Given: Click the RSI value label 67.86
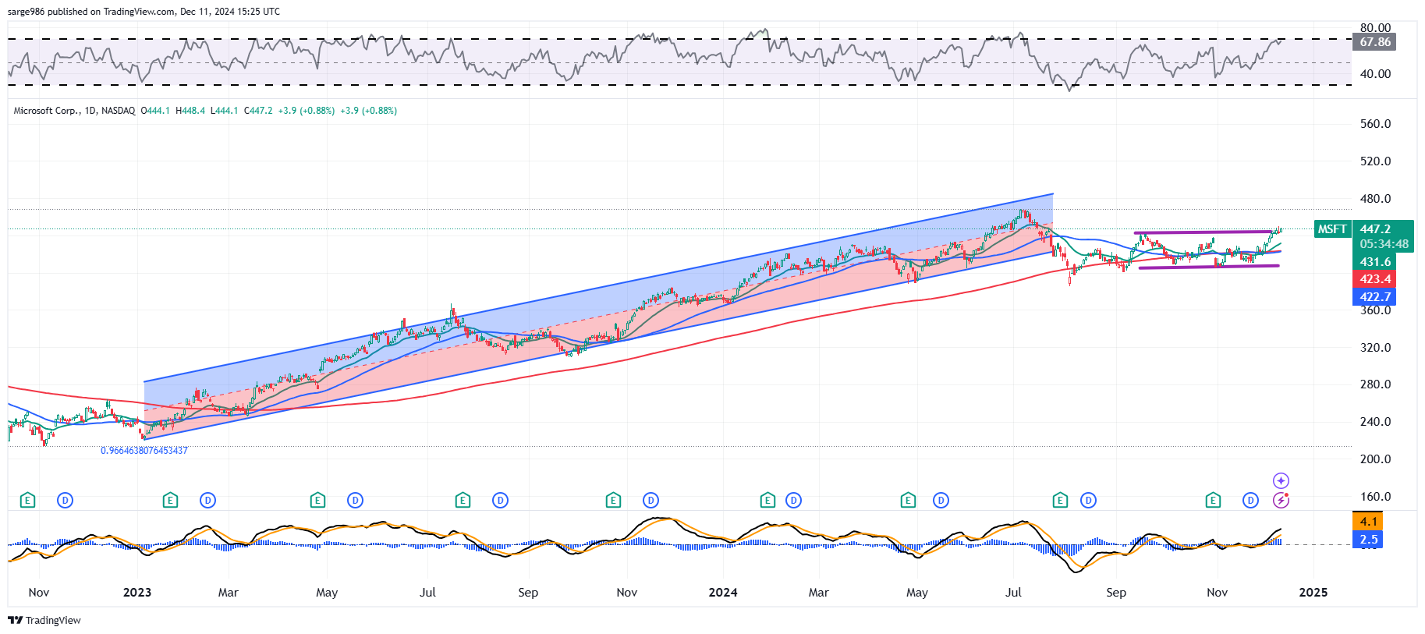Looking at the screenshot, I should (1375, 42).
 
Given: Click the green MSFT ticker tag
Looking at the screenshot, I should (1332, 229).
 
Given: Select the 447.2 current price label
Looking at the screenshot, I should (1376, 229).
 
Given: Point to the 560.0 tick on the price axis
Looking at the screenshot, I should (1375, 124).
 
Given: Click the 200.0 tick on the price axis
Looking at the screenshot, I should (1375, 459).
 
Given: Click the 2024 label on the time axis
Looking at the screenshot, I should (723, 593).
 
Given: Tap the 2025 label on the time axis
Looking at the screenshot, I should (1313, 593).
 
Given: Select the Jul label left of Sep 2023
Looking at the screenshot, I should (427, 593).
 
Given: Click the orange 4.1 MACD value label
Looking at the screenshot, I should (1368, 522).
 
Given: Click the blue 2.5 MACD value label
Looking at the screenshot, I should (1368, 540).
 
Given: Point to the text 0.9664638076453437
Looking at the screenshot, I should (144, 451).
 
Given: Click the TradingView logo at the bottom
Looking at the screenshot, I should (44, 621).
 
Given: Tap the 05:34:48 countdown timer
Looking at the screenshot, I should (1384, 244).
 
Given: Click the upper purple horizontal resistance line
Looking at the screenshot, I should (1201, 232).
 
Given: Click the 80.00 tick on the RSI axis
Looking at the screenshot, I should (1375, 28).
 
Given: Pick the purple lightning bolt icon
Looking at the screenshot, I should (1281, 501).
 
